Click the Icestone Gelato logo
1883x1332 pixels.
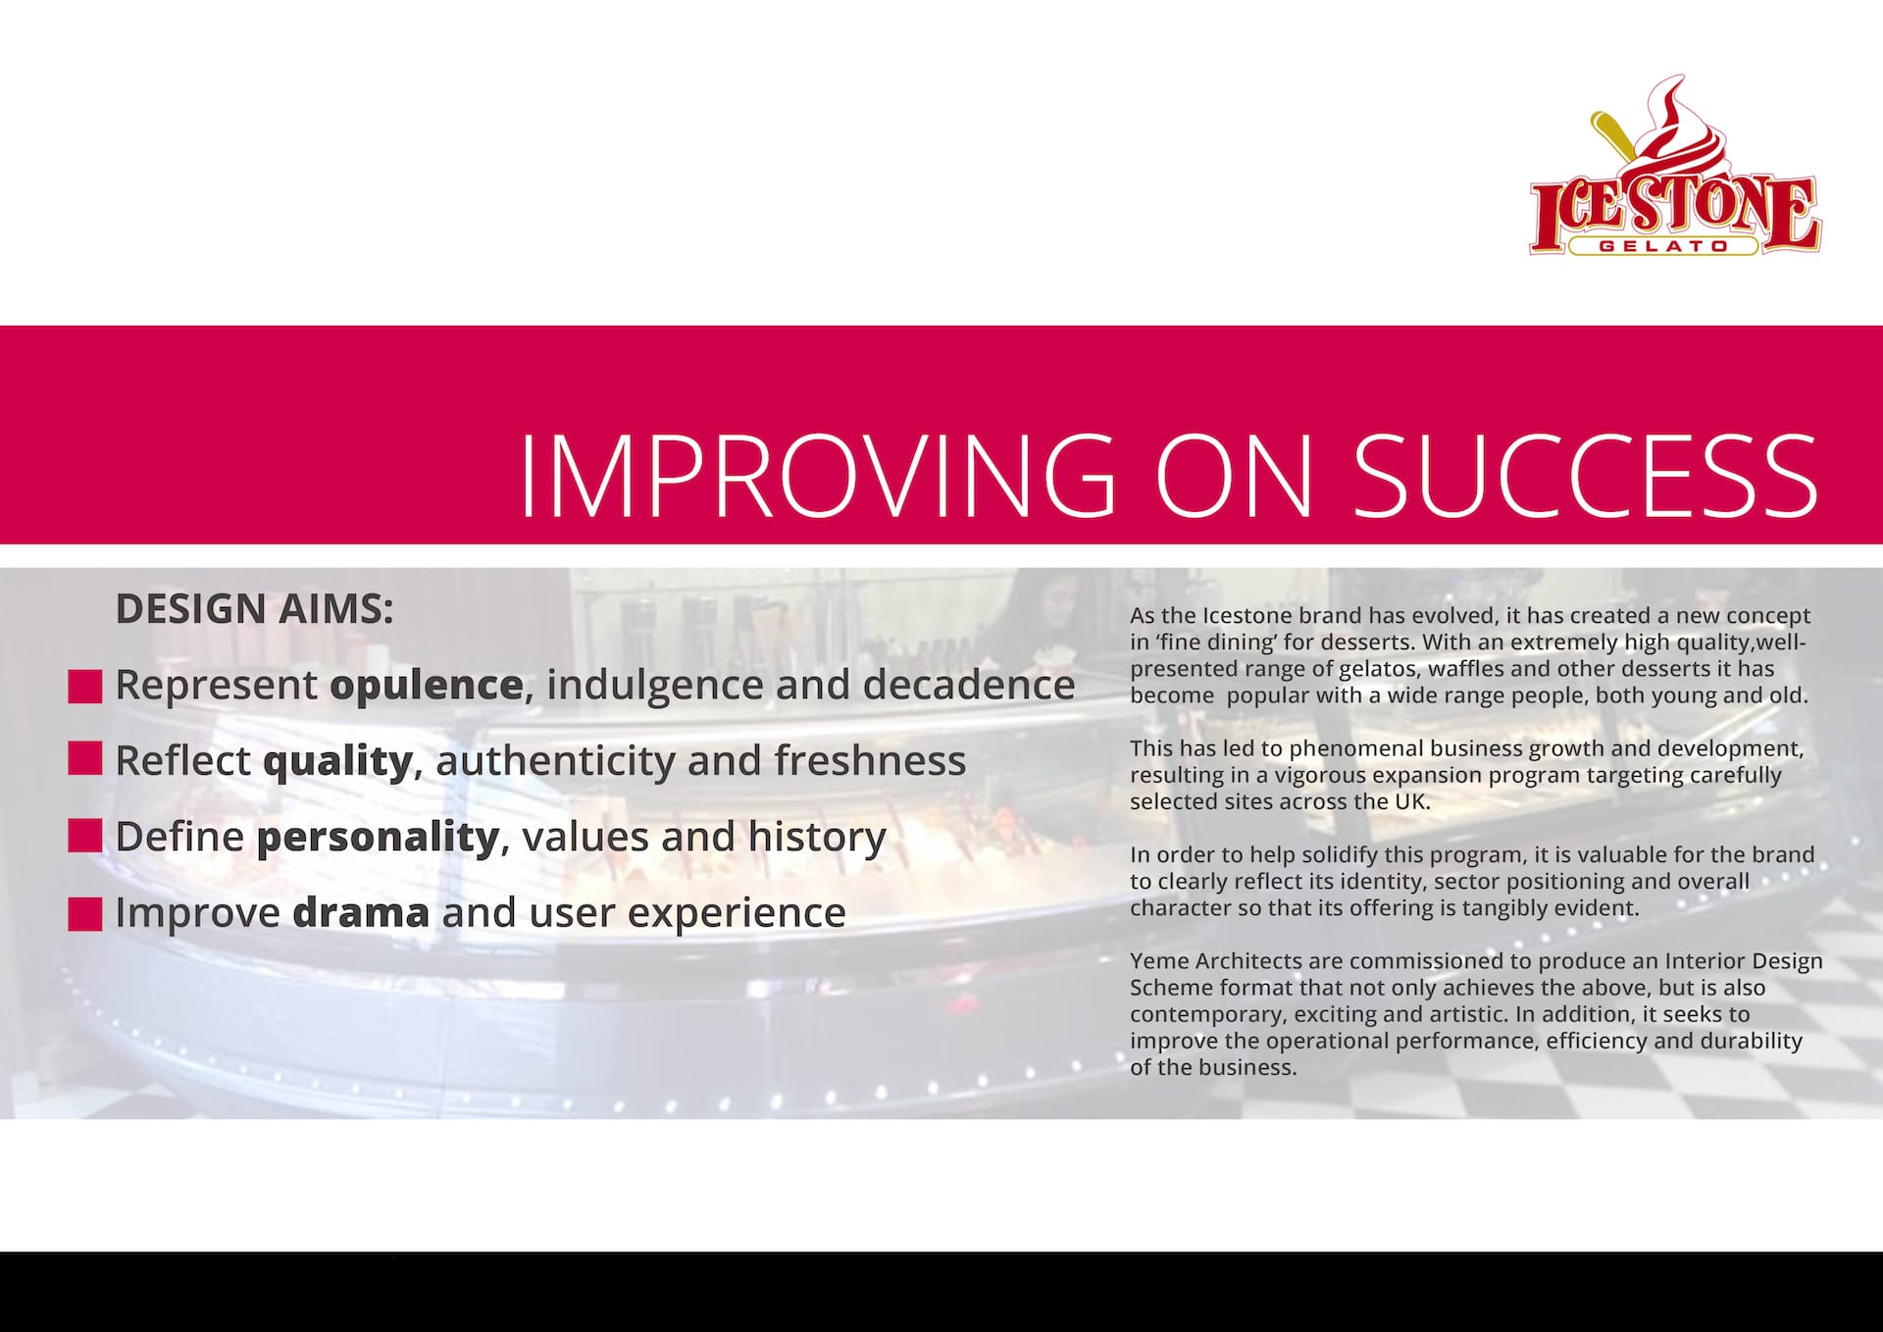pos(1675,166)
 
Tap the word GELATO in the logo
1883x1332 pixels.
pos(1663,246)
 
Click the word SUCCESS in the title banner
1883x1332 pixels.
pos(1586,476)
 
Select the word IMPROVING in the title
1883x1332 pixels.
pos(817,476)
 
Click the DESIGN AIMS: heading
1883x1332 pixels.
pos(255,609)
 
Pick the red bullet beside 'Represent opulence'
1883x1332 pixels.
pos(85,687)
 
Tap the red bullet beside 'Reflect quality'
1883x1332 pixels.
pos(85,758)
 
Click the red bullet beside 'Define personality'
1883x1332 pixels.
pos(85,836)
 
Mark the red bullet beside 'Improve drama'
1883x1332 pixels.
pos(85,913)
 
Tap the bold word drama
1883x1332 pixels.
pos(361,912)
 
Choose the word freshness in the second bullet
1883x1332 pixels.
pos(870,760)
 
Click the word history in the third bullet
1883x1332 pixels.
pos(817,838)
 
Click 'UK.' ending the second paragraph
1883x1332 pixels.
pos(1412,801)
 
